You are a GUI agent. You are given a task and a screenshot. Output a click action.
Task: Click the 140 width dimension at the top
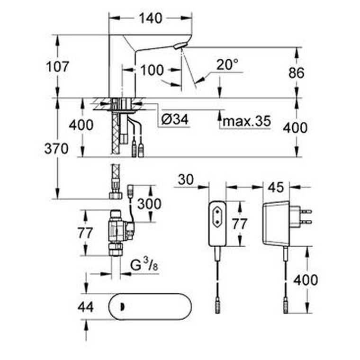pos(151,18)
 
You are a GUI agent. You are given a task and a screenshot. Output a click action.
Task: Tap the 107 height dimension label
pos(57,67)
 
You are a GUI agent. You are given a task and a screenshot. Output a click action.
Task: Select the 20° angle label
pos(227,64)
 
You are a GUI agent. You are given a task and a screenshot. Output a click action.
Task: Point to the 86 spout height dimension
pos(296,72)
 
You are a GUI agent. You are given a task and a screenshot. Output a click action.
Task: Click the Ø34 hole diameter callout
pos(175,119)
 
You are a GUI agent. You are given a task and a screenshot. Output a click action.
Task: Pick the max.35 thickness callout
pos(247,121)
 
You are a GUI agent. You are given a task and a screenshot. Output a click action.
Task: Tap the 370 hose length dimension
pos(56,149)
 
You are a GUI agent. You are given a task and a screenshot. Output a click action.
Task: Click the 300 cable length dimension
pos(149,204)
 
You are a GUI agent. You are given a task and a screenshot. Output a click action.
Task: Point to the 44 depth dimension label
pos(86,307)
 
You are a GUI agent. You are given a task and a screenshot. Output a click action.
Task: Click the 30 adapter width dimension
pos(186,180)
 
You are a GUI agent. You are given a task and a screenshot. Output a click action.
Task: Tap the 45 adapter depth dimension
pos(276,188)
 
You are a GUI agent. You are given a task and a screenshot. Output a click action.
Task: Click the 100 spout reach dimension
pos(152,70)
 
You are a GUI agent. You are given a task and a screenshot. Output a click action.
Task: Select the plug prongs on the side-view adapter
pos(306,216)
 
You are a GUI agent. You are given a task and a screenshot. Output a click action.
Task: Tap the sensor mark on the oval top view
pos(122,307)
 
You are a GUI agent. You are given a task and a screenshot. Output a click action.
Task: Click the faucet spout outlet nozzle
pos(178,46)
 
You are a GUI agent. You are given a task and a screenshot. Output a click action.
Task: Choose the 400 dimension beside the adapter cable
pos(306,280)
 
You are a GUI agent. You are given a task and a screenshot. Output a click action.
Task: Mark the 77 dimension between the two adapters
pos(240,224)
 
